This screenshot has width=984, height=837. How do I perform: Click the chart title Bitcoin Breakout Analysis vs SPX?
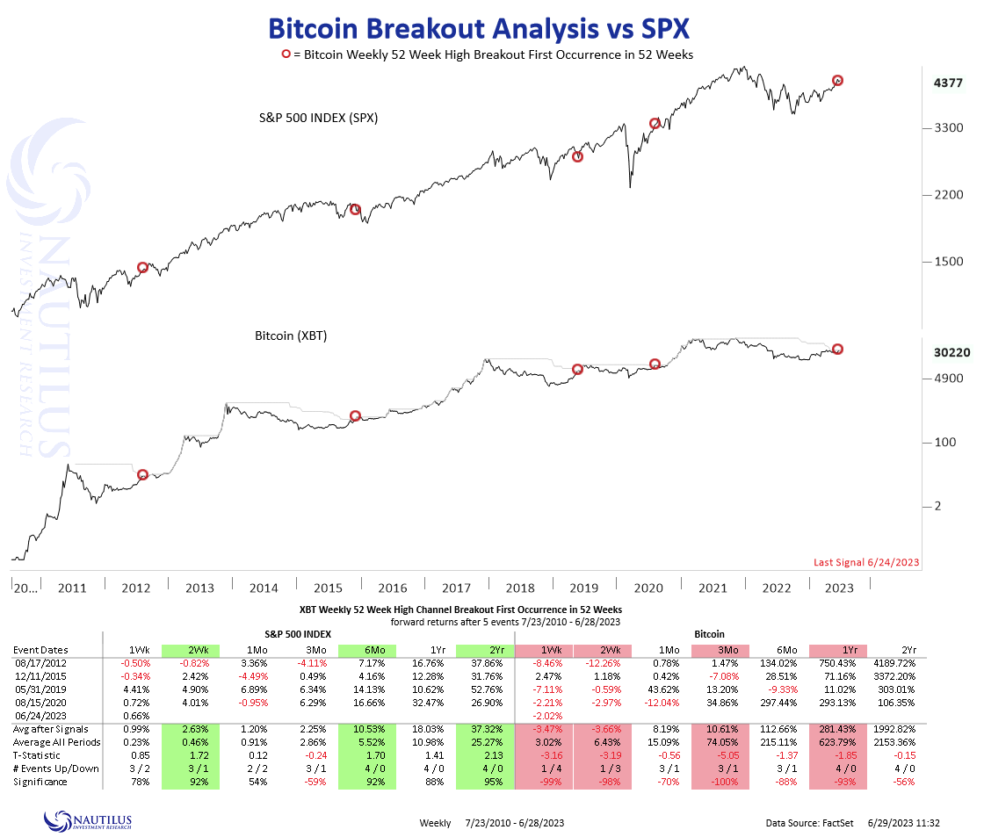pyautogui.click(x=478, y=28)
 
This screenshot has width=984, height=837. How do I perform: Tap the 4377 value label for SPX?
pyautogui.click(x=949, y=83)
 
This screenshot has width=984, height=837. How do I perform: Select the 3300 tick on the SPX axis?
pyautogui.click(x=949, y=128)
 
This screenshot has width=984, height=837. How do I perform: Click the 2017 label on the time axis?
pyautogui.click(x=457, y=588)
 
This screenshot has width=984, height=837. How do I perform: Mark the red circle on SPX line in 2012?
pyautogui.click(x=143, y=267)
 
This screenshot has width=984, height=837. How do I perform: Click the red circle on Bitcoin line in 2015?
pyautogui.click(x=355, y=415)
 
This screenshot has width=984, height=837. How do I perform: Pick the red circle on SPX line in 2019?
pyautogui.click(x=577, y=156)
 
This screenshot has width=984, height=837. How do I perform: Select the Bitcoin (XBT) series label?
pyautogui.click(x=291, y=336)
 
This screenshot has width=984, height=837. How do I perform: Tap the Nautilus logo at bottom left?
pyautogui.click(x=88, y=820)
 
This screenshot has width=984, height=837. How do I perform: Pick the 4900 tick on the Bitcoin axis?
pyautogui.click(x=949, y=379)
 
